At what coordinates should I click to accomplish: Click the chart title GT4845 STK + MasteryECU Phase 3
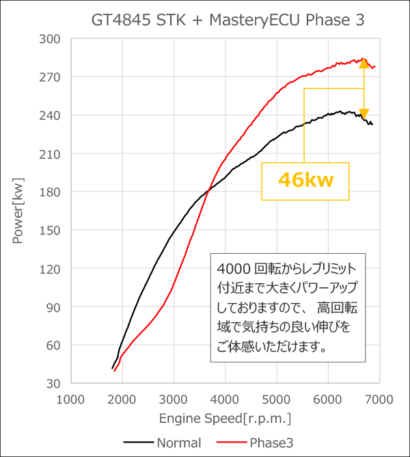pyautogui.click(x=228, y=21)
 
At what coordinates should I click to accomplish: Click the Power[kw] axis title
pyautogui.click(x=18, y=211)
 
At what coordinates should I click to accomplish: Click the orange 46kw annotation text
pyautogui.click(x=305, y=181)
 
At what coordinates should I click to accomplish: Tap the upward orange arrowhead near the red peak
pyautogui.click(x=364, y=64)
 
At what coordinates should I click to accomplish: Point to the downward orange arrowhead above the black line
pyautogui.click(x=364, y=114)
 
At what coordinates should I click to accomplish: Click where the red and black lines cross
pyautogui.click(x=208, y=191)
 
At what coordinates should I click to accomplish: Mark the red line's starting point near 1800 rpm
pyautogui.click(x=115, y=371)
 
